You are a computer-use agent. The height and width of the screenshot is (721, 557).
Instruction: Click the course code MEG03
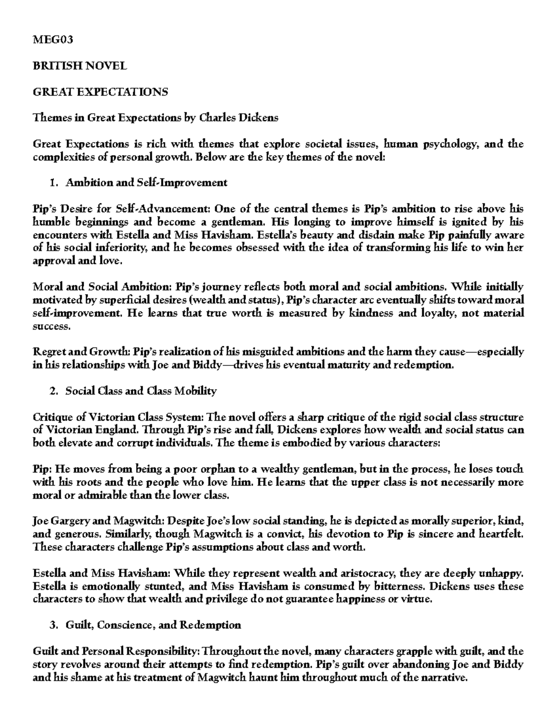coord(53,39)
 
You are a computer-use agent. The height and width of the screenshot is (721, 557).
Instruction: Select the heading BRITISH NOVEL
coord(79,65)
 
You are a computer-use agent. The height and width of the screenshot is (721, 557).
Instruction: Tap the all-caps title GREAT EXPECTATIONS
coord(100,91)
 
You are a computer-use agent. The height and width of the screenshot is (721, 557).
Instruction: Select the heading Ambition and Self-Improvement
coord(146,182)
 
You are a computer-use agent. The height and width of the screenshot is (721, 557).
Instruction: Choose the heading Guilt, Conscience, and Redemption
coord(153,625)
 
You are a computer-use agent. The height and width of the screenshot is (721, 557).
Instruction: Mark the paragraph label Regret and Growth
coord(79,352)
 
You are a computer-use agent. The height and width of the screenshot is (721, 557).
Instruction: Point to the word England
coord(113,430)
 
